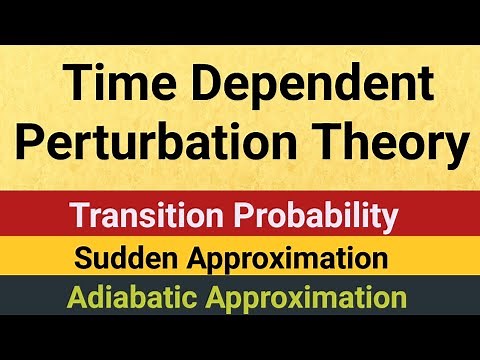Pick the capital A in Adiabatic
coord(78,298)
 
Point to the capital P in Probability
coord(244,215)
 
